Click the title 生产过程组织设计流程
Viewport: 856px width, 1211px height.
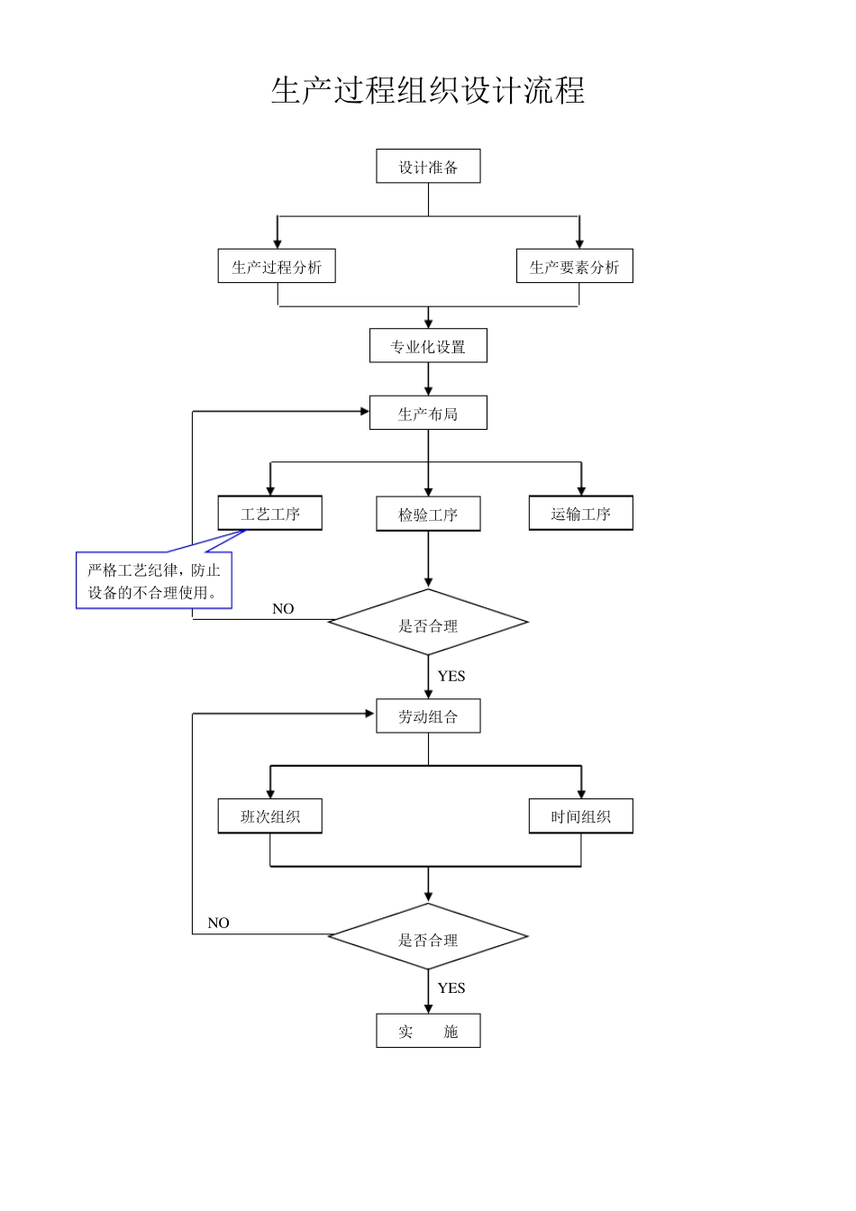pos(428,91)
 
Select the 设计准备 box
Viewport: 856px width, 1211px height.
pos(428,167)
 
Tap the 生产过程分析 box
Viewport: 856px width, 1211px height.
pos(277,267)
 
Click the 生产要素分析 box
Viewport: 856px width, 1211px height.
pos(574,267)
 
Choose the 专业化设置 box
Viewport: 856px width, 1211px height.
pos(428,346)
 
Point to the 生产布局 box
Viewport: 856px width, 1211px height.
pos(428,414)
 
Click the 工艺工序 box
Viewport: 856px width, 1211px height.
pos(269,514)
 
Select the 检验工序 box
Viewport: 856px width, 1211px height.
pos(428,514)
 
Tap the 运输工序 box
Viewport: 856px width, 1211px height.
pos(580,514)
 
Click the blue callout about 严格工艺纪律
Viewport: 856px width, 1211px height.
pos(154,581)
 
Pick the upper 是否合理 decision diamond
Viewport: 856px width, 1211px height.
pos(428,624)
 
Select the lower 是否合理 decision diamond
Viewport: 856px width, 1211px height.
pos(428,938)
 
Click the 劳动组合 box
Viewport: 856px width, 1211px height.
pos(428,716)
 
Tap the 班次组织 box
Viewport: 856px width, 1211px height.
pos(269,816)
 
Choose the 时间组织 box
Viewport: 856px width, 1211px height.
pos(580,816)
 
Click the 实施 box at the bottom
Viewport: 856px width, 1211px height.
pos(428,1031)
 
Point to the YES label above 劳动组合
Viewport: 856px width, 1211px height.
pos(451,676)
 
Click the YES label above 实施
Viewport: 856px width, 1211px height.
pos(451,988)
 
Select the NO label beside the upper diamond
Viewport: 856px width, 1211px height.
pos(283,609)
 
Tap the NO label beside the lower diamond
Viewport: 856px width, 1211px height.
pos(218,923)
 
